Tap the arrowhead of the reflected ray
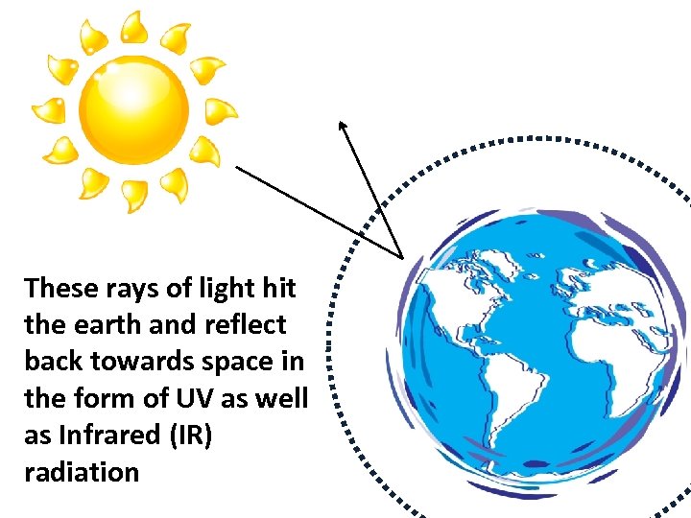coord(341,125)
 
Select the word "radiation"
coord(82,471)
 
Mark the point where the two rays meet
coord(401,257)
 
